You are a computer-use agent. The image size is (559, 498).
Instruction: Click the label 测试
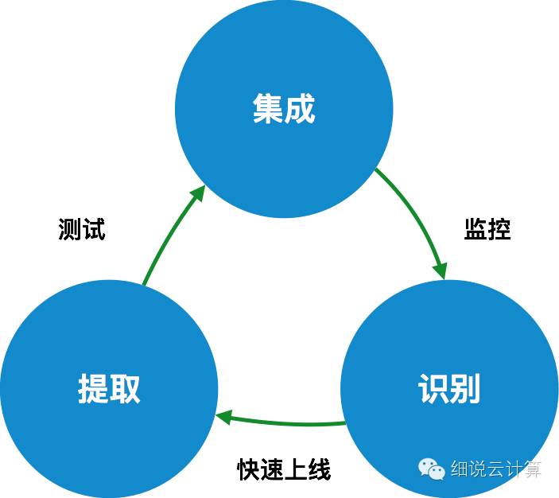click(82, 230)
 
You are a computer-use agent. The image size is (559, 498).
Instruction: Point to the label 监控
click(487, 229)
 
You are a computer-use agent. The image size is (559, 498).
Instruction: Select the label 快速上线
click(284, 469)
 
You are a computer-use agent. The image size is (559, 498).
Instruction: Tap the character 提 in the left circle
click(93, 389)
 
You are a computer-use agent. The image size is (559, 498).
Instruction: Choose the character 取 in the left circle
click(125, 389)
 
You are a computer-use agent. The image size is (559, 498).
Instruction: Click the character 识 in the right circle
click(433, 389)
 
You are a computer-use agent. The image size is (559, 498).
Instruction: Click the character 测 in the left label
click(70, 230)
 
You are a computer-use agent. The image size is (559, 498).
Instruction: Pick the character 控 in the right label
click(499, 229)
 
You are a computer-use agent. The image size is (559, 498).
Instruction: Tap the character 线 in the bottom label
click(319, 469)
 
